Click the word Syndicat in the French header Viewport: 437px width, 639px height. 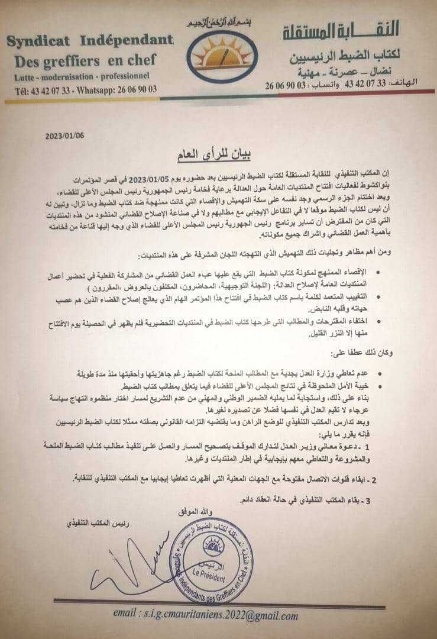tap(38, 40)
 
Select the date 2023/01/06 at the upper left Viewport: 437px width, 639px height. tap(64, 135)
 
